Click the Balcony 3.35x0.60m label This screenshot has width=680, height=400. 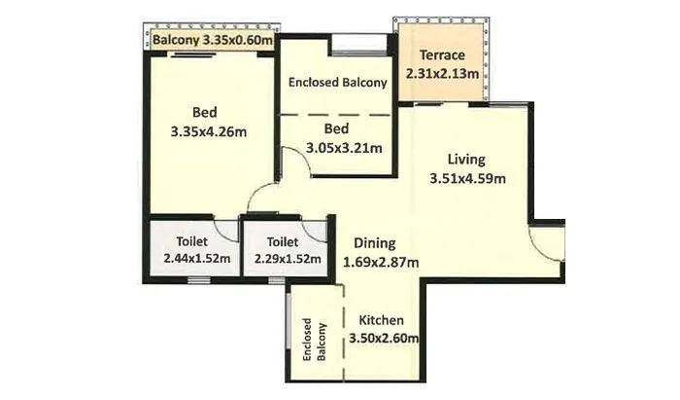point(213,41)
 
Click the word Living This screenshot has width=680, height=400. point(466,160)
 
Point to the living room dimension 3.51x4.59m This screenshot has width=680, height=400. point(467,178)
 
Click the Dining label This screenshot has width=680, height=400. point(374,243)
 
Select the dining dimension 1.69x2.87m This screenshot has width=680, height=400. point(381,262)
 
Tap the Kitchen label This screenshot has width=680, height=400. point(382,320)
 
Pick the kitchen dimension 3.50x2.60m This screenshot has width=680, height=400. point(383,339)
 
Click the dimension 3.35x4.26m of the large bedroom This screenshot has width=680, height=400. point(204,130)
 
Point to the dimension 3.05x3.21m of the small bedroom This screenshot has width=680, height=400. point(343,148)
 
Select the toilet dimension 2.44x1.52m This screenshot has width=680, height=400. point(190,259)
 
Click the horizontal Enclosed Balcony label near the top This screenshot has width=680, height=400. point(338,83)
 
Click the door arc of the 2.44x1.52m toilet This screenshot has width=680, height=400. point(227,229)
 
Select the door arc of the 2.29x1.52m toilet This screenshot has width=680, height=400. point(313,231)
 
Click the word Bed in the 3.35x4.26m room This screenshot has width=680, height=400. point(203,111)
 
